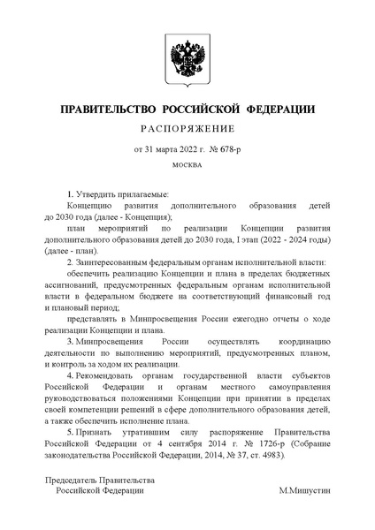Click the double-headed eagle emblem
[187, 61]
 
